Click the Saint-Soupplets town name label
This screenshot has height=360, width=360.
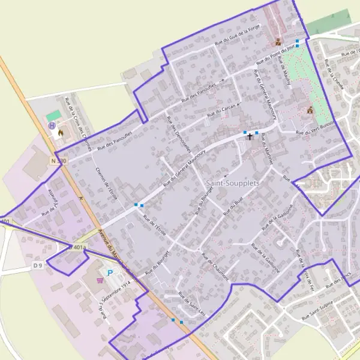click(232, 182)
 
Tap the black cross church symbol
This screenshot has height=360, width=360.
click(250, 136)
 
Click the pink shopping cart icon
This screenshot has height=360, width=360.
click(101, 280)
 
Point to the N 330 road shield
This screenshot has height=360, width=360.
click(59, 161)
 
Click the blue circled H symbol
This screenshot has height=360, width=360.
click(52, 125)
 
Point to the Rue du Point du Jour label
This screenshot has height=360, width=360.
click(277, 54)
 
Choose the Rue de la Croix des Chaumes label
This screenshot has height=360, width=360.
click(79, 115)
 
